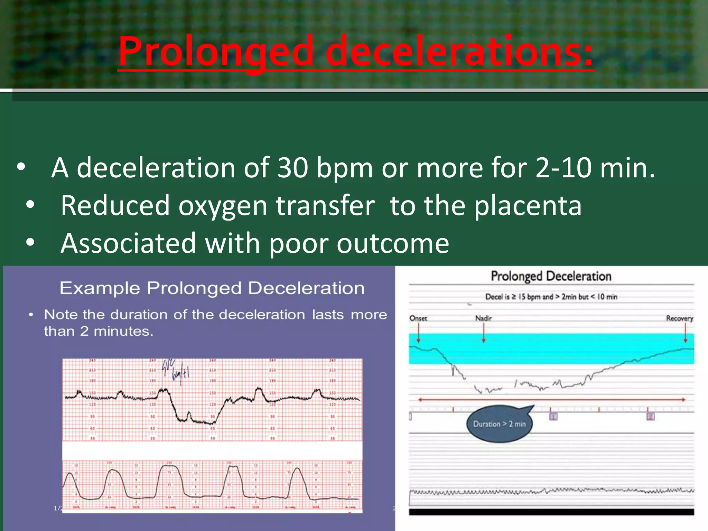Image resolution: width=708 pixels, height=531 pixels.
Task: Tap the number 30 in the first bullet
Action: point(292,168)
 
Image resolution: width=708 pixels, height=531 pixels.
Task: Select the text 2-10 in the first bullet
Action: point(563,168)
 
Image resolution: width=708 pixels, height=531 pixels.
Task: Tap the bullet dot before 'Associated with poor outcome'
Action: point(30,242)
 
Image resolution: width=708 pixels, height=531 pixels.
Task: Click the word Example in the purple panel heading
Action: point(100,288)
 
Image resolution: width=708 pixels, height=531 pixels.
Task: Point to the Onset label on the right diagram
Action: point(418,318)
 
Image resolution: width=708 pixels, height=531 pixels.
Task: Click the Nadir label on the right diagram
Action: point(483,318)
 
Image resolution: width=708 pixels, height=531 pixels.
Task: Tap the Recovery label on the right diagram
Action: point(679,318)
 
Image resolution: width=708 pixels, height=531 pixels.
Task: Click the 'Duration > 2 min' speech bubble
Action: point(499,424)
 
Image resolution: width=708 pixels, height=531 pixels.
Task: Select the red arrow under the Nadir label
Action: point(484,334)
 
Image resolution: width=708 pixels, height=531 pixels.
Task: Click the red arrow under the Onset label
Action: point(418,334)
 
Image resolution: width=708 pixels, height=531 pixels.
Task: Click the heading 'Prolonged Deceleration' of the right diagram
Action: point(551,276)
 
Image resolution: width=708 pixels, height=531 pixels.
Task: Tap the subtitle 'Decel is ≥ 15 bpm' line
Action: point(551,297)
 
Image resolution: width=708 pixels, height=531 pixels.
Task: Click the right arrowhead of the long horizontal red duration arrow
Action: point(683,400)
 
